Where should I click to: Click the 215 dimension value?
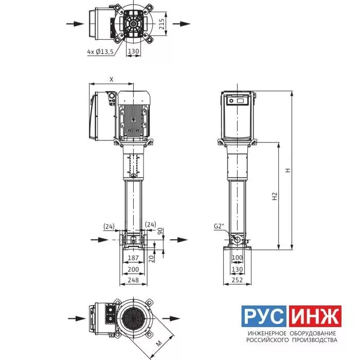click(x=162, y=24)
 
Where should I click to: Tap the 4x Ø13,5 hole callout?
click(x=100, y=52)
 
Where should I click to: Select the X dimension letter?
click(x=112, y=79)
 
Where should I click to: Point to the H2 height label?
click(x=275, y=196)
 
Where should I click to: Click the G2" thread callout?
click(x=219, y=226)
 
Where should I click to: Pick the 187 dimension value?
click(x=133, y=258)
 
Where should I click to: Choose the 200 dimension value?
click(x=133, y=269)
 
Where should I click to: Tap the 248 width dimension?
click(x=133, y=280)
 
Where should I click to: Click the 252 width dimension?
click(x=237, y=280)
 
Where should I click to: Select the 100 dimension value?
click(x=237, y=258)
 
